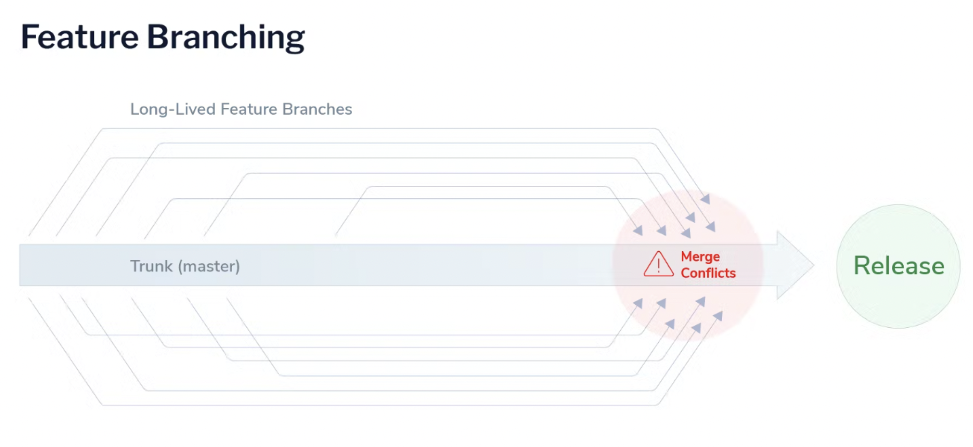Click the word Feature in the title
79,37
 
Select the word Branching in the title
226,38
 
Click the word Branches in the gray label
317,109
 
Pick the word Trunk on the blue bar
151,266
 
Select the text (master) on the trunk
209,266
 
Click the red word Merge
700,257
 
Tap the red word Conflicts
708,273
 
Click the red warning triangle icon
658,265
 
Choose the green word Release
899,265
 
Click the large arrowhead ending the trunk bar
794,265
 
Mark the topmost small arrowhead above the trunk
705,199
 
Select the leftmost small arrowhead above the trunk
638,230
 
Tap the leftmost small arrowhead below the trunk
638,303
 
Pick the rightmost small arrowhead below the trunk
718,316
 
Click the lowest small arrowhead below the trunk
697,328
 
